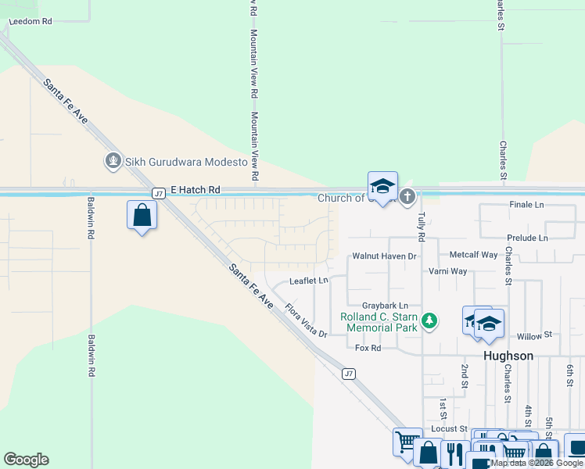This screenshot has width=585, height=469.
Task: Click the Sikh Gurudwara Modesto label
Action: point(187,163)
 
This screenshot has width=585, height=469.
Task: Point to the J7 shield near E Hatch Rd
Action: point(158,192)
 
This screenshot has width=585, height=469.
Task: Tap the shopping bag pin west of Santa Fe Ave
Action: point(142,215)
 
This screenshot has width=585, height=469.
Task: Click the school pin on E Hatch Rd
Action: point(382,187)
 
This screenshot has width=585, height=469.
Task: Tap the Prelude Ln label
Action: point(527,238)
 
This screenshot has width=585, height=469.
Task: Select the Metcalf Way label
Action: point(473,255)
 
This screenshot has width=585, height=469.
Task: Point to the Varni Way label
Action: point(447,271)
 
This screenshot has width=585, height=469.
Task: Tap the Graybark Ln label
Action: point(386,305)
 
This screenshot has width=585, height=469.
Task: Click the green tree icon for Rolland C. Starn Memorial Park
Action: point(429,320)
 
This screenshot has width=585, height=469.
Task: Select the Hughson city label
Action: point(508,356)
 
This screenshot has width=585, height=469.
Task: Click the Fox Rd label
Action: point(368,348)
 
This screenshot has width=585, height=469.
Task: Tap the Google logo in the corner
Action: point(26,460)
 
